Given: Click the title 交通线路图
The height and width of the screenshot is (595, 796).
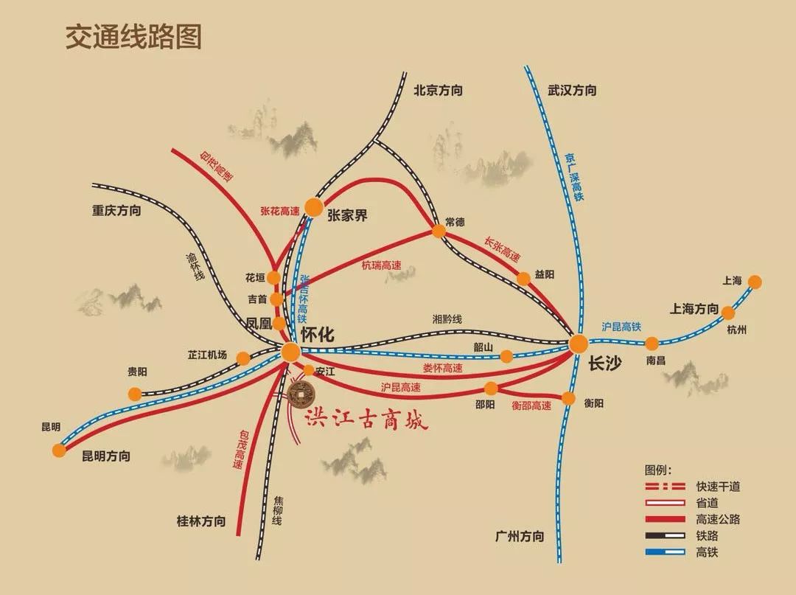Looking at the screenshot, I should pos(133,37).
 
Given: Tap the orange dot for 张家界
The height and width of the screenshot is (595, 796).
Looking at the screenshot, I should pos(314,208).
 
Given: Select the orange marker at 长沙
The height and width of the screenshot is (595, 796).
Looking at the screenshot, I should pos(578,344).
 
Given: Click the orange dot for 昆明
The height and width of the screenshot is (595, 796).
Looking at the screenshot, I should pos(59,450).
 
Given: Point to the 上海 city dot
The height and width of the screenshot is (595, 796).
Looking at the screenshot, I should pos(754,282).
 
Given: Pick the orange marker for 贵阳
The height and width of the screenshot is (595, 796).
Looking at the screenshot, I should pos(134,394).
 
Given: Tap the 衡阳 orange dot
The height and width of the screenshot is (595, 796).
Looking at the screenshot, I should pos(568,398).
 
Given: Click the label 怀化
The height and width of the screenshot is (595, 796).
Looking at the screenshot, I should pos(318,334).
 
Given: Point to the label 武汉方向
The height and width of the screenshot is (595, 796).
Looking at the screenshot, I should pos(572,91).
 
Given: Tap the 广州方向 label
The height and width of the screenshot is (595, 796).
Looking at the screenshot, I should pos(520,536).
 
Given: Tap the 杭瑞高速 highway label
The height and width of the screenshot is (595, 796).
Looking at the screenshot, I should pos(381,265).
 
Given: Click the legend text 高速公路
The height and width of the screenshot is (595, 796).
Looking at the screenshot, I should pos(718,519).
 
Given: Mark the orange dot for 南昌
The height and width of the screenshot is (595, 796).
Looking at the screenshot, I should pos(652,343).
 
